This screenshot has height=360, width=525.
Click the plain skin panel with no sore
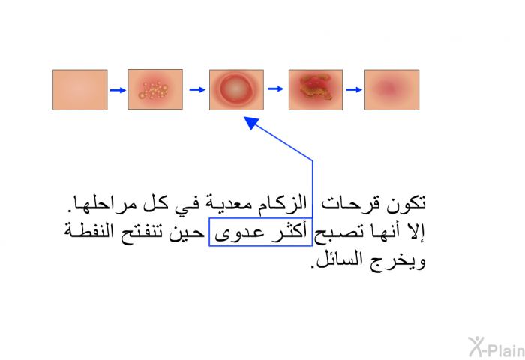coord(80,90)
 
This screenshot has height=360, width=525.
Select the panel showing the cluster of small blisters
coord(155,89)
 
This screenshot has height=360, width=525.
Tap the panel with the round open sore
coord(236,90)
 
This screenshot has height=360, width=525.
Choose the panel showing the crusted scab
coord(316,90)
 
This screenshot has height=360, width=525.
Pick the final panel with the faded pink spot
coord(391,90)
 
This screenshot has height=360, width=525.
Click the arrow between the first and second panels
coord(118,90)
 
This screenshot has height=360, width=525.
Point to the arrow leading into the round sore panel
coord(197,90)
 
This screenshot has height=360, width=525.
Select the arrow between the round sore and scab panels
coord(276,88)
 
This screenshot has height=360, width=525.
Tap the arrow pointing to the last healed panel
coord(354,90)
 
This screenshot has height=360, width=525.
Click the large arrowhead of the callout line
coord(251,122)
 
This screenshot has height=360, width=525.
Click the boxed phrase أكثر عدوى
coord(260,232)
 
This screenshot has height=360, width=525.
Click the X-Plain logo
coord(496,347)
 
